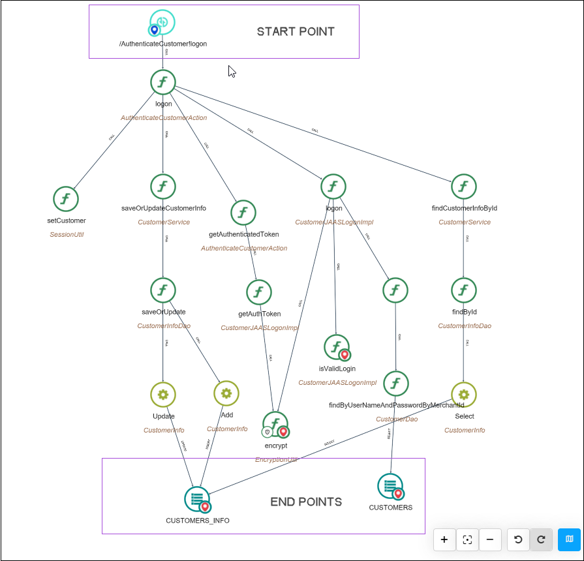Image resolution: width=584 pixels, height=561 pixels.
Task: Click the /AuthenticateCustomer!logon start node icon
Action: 162,22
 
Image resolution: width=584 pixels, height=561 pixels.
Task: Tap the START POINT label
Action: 296,31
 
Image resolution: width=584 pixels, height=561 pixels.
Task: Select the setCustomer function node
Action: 65,198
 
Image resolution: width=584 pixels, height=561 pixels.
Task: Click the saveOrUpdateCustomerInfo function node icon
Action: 163,187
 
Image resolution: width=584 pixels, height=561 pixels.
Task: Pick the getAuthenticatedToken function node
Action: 243,213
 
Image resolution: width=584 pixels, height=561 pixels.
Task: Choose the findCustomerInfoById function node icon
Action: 463,187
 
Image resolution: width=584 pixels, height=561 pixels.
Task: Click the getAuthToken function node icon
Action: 259,292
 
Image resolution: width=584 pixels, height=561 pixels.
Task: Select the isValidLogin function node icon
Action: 337,347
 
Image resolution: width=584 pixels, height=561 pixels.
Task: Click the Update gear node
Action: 163,394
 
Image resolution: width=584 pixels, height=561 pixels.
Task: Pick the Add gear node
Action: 226,393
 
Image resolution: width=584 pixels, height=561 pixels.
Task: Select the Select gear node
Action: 463,394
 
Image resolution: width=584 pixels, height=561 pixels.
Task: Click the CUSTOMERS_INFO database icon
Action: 197,499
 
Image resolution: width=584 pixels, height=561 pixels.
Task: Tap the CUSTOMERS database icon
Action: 390,486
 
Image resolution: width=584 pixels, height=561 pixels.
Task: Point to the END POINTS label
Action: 306,502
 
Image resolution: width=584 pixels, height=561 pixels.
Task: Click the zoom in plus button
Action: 444,539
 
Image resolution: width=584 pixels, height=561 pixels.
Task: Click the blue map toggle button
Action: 569,539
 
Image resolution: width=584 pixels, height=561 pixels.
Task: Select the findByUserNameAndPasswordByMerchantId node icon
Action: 395,384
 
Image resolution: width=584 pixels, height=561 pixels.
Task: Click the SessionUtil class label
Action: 67,234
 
